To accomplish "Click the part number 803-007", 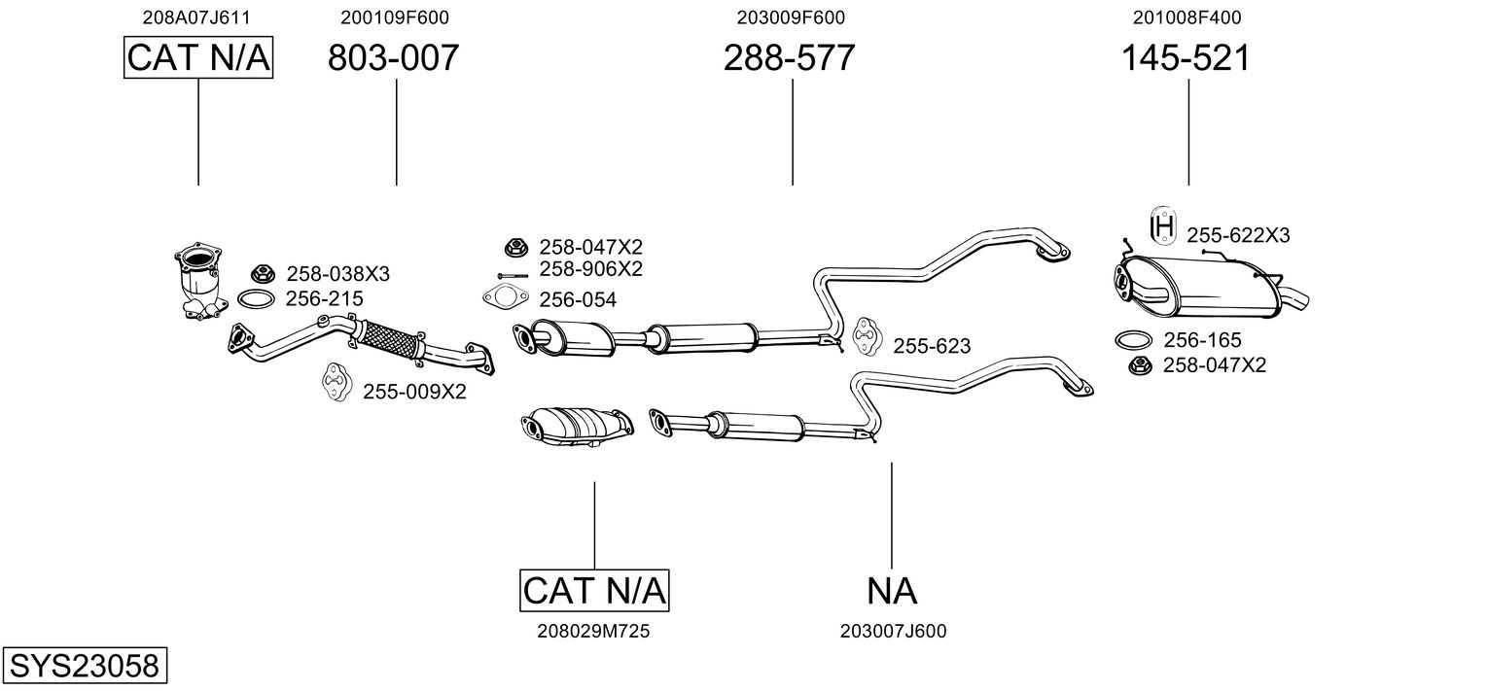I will click(393, 58).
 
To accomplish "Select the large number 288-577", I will click(789, 58).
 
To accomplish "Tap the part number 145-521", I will click(1186, 58).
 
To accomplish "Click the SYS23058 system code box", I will click(84, 667).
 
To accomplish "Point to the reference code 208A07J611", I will click(195, 17).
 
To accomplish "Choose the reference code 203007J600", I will click(893, 632).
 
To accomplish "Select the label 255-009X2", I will click(414, 392).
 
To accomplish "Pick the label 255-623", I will click(931, 346).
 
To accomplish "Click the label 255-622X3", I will click(1237, 235).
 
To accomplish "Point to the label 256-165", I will click(1202, 340).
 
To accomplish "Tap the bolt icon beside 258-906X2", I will click(512, 275).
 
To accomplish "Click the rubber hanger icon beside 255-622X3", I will click(1162, 226).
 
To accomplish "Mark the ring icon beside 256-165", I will click(1133, 340).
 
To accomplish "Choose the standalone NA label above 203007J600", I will click(892, 590).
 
